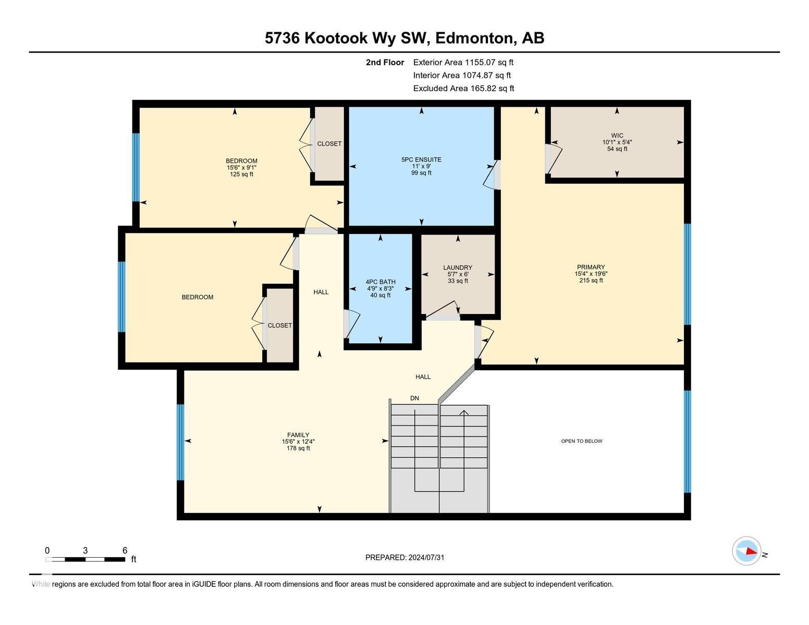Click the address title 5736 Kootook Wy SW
click(404, 38)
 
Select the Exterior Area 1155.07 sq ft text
click(463, 62)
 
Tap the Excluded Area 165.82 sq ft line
click(463, 88)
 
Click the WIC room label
click(617, 135)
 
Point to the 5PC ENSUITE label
click(421, 160)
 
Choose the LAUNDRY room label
click(458, 267)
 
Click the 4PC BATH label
click(381, 282)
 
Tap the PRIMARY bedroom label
click(591, 267)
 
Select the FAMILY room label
click(298, 435)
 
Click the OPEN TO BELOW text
click(581, 441)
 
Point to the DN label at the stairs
click(414, 398)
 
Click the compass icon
click(746, 551)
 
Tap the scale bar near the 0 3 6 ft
click(85, 559)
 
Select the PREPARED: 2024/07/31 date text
click(404, 557)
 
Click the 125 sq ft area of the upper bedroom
click(241, 174)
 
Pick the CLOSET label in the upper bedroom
click(329, 144)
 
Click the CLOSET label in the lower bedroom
click(280, 326)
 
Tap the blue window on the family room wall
click(180, 442)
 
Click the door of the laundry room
click(443, 311)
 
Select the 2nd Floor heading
click(385, 62)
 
